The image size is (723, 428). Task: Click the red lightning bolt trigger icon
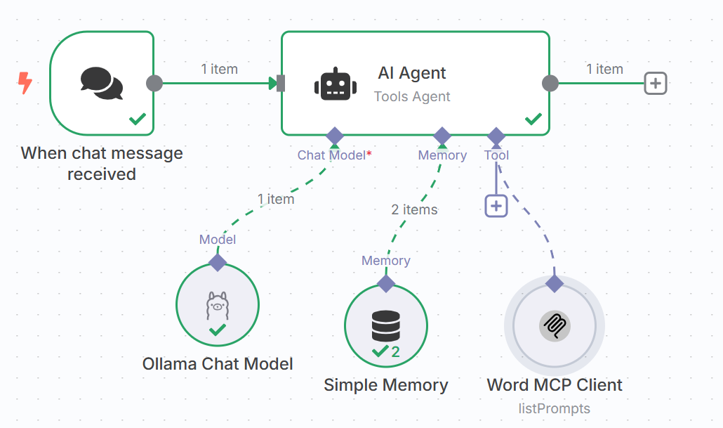click(x=25, y=83)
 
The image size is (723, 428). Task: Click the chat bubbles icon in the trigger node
click(x=102, y=83)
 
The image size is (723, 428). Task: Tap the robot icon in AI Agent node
click(x=336, y=84)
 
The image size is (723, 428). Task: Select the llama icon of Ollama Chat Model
click(x=218, y=305)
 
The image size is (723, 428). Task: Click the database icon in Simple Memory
click(x=386, y=326)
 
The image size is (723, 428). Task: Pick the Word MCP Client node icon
click(x=555, y=326)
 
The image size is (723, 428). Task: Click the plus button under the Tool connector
click(x=496, y=206)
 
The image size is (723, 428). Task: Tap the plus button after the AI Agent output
click(x=655, y=83)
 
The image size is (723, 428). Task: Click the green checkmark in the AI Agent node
click(x=533, y=119)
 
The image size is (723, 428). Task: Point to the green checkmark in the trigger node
click(x=138, y=119)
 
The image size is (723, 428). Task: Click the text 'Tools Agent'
click(x=412, y=96)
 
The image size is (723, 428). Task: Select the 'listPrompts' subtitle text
click(x=555, y=408)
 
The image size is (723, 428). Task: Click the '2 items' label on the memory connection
click(x=415, y=209)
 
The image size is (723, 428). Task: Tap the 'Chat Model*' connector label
click(x=334, y=155)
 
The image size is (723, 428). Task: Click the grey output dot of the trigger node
click(x=154, y=83)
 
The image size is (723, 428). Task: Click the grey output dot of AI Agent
click(x=550, y=83)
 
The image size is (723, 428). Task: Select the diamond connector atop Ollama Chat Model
click(x=218, y=262)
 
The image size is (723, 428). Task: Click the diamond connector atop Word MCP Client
click(x=555, y=283)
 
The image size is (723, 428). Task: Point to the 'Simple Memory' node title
click(x=386, y=385)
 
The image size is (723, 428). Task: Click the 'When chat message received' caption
click(x=102, y=164)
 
